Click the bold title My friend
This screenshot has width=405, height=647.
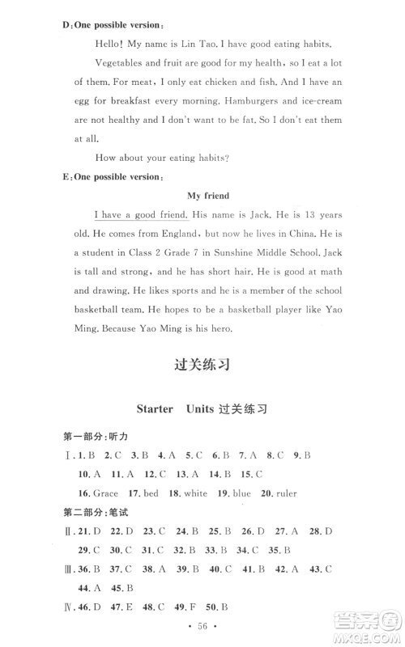(208, 195)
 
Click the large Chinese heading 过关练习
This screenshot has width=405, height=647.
(202, 364)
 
